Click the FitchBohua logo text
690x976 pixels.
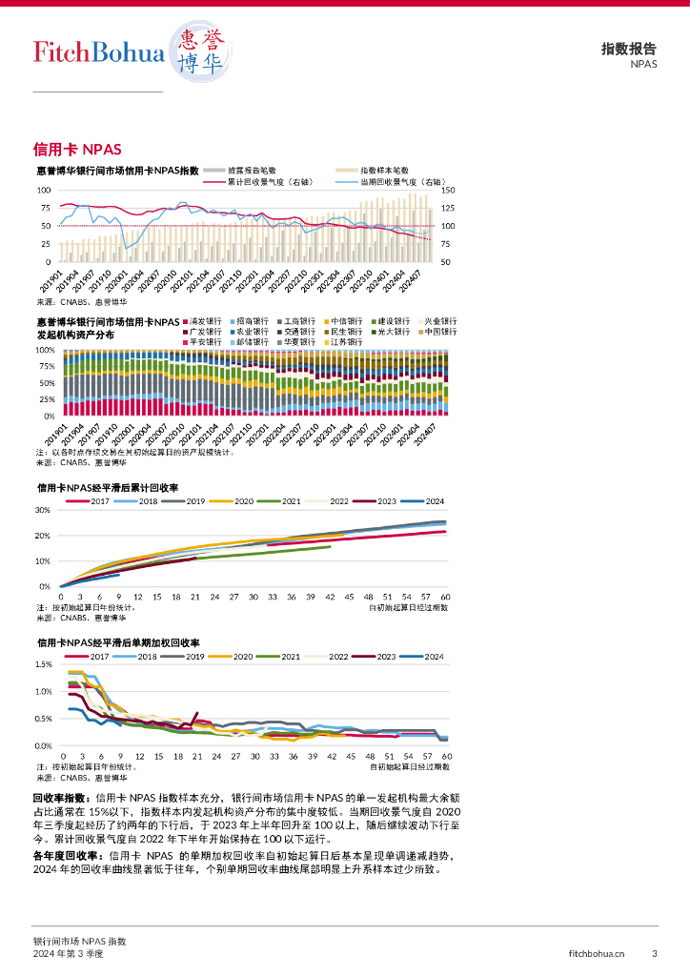coord(99,52)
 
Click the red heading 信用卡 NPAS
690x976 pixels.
coord(77,150)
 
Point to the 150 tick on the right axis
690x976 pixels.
coord(448,191)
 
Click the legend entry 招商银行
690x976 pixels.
coord(253,321)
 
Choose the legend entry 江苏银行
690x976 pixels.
coord(346,342)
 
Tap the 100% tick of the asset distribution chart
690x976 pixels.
coord(46,350)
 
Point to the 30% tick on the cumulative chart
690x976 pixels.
coord(42,510)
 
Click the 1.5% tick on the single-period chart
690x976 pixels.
coord(42,663)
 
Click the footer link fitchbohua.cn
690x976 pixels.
coord(597,953)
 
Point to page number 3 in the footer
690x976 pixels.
coord(654,953)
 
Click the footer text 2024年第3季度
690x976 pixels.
coord(68,953)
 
